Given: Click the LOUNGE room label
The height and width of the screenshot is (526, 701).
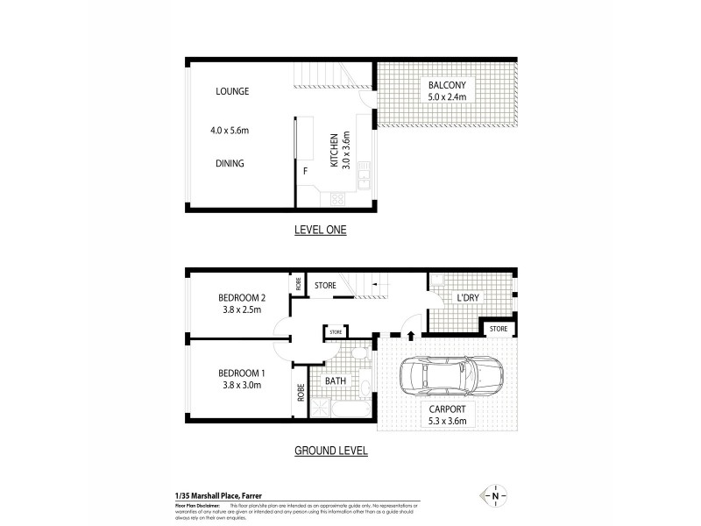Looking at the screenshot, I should (x=233, y=91).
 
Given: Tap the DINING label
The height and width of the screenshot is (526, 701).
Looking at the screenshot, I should (x=230, y=163).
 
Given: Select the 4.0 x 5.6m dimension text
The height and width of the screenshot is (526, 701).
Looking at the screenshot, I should (x=230, y=131).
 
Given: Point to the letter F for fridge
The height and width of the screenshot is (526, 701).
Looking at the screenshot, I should (x=305, y=171).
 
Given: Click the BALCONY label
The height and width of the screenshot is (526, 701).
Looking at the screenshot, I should (x=447, y=85).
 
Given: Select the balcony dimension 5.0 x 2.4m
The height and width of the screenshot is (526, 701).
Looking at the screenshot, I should (x=447, y=97).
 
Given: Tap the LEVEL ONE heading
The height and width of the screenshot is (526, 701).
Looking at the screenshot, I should (x=320, y=231).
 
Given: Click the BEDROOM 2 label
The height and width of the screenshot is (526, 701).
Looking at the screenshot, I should (x=242, y=297).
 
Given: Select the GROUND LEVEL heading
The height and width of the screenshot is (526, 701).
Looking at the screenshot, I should (x=329, y=451).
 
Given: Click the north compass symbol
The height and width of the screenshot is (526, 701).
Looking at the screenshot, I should (x=496, y=496).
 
